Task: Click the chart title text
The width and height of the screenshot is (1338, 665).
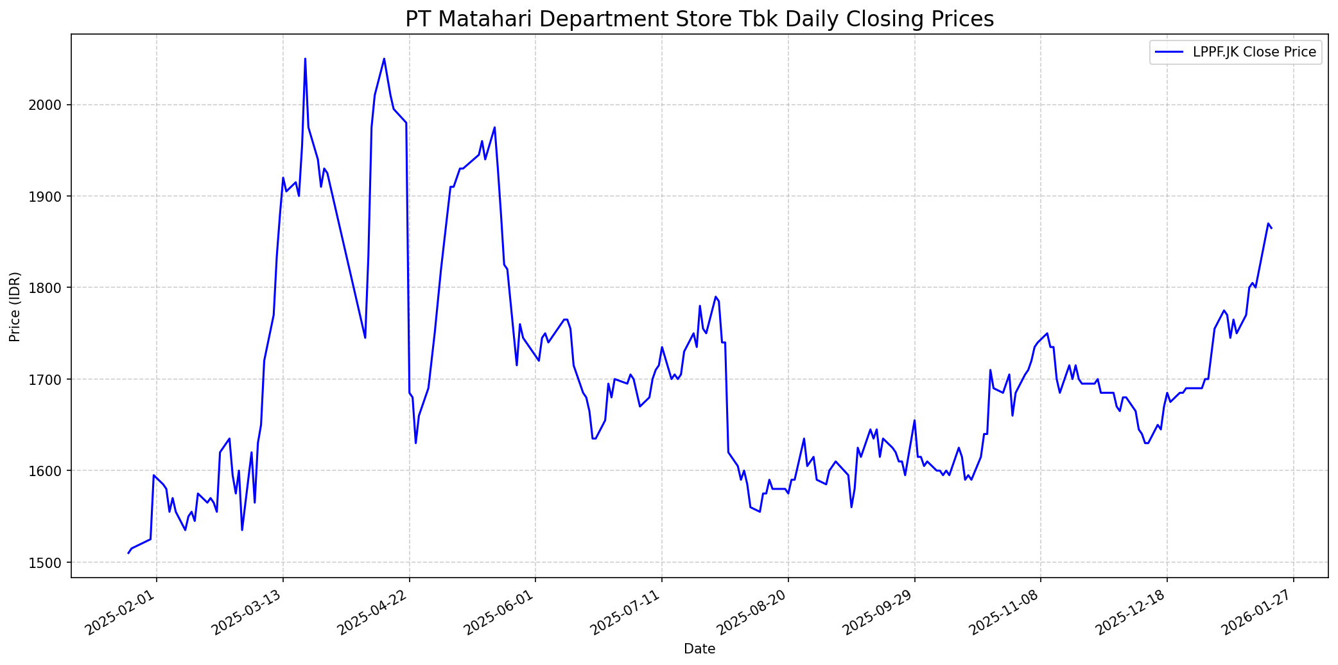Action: pos(699,19)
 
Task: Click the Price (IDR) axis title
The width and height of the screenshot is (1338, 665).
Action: pos(15,306)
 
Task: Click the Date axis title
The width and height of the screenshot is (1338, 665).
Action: pos(699,649)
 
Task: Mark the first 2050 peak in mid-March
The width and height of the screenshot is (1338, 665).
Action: pos(305,58)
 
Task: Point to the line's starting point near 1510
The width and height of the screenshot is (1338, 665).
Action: pos(128,553)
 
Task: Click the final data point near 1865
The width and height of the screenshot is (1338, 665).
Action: pos(1271,228)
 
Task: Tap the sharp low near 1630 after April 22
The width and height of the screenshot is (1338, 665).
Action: pos(415,443)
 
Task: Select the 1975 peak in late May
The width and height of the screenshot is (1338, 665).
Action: pos(494,127)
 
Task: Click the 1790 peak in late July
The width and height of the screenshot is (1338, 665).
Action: pos(715,297)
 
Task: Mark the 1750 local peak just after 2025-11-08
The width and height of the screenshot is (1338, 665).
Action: pos(1047,333)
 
